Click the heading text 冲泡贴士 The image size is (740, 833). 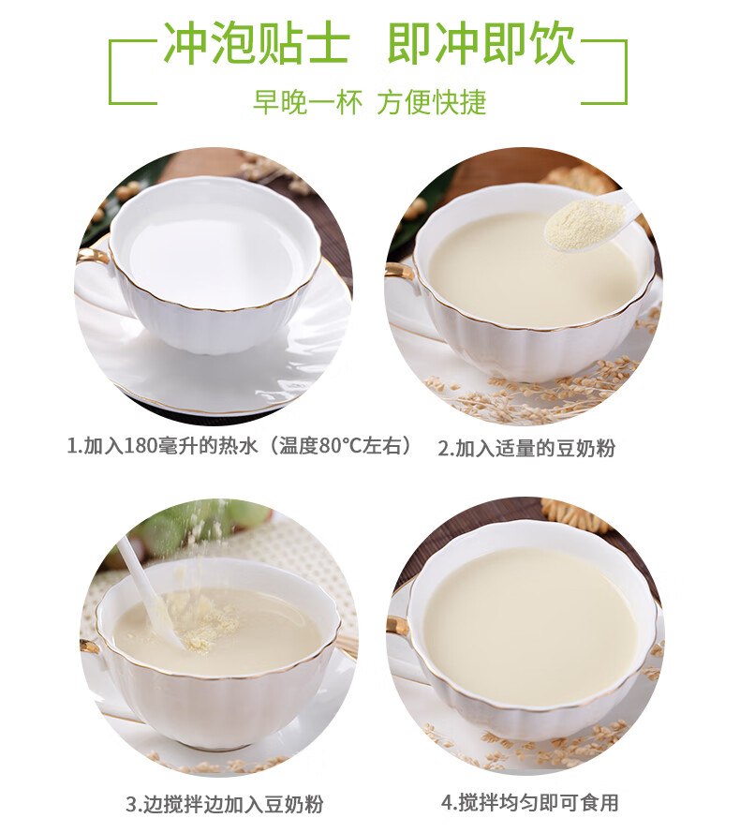257,43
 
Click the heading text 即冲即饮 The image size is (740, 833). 481,43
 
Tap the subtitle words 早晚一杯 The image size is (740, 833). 307,102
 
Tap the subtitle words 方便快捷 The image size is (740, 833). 432,102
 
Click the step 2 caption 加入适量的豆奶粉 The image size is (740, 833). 535,449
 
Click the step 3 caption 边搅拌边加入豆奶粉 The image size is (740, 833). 231,804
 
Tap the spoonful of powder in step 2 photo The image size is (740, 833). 585,221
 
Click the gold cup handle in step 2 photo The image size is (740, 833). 402,271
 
